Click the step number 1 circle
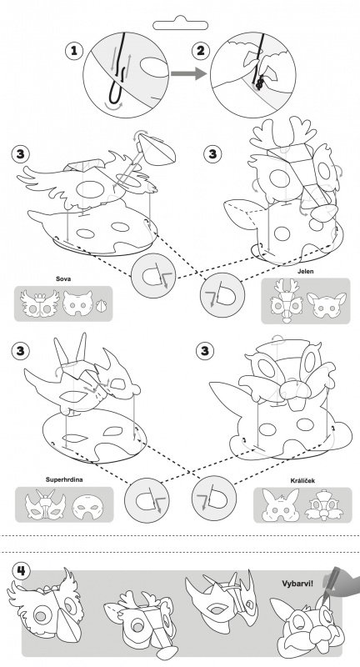click(74, 52)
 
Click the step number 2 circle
click(200, 52)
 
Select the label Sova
click(63, 279)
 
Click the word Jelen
click(306, 271)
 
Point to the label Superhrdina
click(64, 479)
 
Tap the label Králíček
click(302, 481)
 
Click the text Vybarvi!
click(297, 583)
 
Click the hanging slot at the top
click(180, 23)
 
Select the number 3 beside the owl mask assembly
click(21, 153)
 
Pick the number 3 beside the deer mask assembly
click(212, 153)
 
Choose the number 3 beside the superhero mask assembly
click(21, 351)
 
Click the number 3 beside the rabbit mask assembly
click(205, 351)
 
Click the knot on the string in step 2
click(258, 82)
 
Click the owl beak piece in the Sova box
click(101, 306)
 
